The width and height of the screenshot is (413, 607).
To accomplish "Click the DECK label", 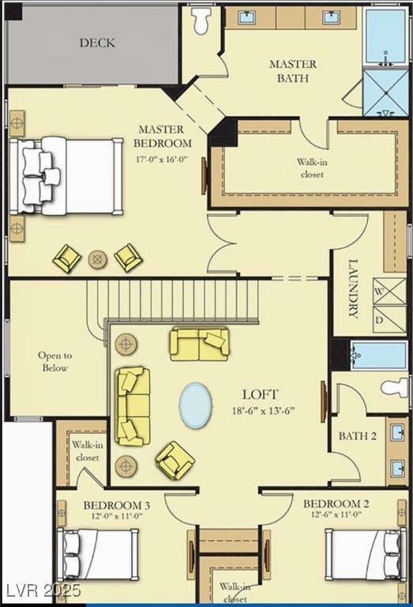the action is pyautogui.click(x=97, y=43).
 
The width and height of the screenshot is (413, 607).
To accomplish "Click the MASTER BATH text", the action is pyautogui.click(x=293, y=71).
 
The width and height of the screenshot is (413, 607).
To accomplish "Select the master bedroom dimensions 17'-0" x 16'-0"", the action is pyautogui.click(x=162, y=159).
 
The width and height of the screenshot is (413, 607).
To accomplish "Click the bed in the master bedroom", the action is pyautogui.click(x=66, y=175).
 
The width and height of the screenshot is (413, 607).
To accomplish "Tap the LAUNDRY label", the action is pyautogui.click(x=353, y=288).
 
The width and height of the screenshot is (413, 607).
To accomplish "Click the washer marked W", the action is pyautogui.click(x=389, y=292).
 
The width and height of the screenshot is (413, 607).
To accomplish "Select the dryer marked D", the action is pyautogui.click(x=389, y=319).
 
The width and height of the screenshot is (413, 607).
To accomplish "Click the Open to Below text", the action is pyautogui.click(x=55, y=361).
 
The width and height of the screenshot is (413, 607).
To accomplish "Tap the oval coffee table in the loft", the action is pyautogui.click(x=196, y=405).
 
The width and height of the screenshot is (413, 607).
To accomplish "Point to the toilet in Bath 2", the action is pyautogui.click(x=394, y=387).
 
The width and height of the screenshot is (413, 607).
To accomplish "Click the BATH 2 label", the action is pyautogui.click(x=357, y=436).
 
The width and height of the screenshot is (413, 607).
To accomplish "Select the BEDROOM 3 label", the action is pyautogui.click(x=117, y=505).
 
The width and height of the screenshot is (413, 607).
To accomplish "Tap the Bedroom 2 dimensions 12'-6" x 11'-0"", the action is pyautogui.click(x=337, y=515).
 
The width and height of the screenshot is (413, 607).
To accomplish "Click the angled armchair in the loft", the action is pyautogui.click(x=175, y=461).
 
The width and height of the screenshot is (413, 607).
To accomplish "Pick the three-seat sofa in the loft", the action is pyautogui.click(x=133, y=406).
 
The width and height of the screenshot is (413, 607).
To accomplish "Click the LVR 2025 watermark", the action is pyautogui.click(x=41, y=590).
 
